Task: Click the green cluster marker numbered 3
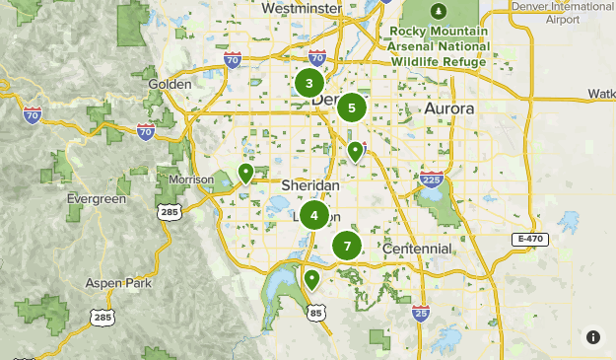(309, 83)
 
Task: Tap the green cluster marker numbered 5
(351, 107)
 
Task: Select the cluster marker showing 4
(314, 214)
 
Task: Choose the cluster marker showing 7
(347, 246)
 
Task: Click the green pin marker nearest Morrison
(245, 175)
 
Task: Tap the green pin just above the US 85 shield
(312, 279)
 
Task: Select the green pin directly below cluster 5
(355, 151)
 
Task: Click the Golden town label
(170, 84)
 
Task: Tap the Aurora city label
(448, 108)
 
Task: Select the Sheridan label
(310, 185)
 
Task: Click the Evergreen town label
(97, 198)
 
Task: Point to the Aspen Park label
(117, 283)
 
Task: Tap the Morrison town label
(190, 180)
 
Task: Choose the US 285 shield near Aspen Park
(102, 317)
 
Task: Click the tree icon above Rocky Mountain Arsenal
(439, 11)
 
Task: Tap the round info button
(593, 336)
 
